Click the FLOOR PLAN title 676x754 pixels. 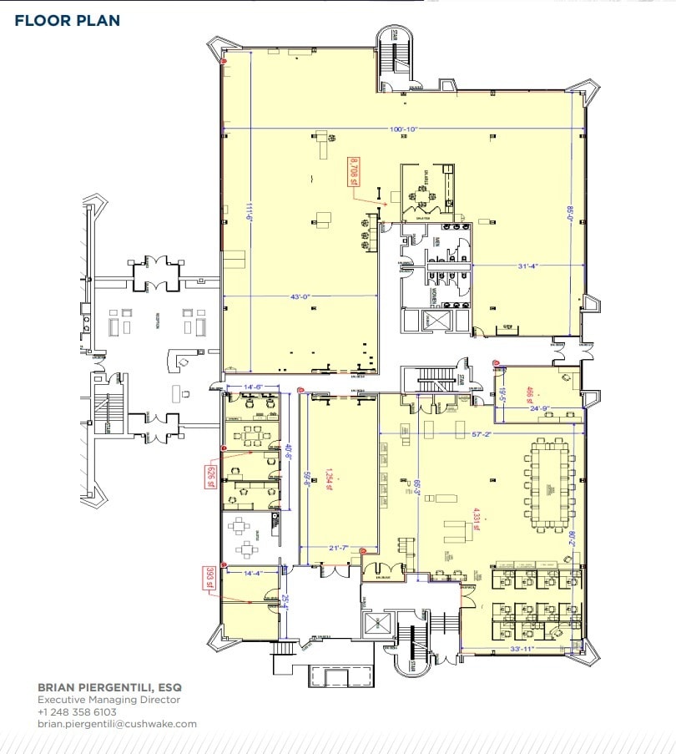click(x=68, y=20)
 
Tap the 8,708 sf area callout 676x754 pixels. click(x=354, y=171)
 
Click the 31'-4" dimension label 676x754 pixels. click(x=527, y=266)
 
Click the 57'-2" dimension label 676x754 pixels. click(x=483, y=434)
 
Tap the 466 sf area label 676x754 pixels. click(x=529, y=392)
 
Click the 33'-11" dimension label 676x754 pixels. click(x=522, y=648)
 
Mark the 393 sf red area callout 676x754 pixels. click(x=209, y=578)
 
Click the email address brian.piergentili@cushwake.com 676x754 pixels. click(x=117, y=724)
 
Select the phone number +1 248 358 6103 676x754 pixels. click(x=77, y=712)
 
